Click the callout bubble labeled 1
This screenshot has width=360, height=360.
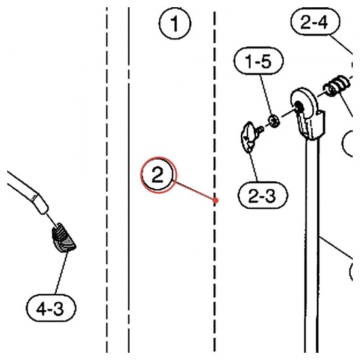point(175,24)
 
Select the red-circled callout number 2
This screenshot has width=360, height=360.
point(158,175)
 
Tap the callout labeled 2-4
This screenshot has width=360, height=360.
point(315,22)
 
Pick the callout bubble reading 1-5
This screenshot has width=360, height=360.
point(259,61)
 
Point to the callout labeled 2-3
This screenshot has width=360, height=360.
point(262,196)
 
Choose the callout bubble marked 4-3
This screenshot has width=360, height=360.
point(51,308)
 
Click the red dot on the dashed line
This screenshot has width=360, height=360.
point(215,201)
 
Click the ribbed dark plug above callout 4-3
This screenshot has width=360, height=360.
point(63,238)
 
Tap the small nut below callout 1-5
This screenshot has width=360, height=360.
point(274,120)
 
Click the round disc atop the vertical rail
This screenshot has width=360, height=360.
point(303,103)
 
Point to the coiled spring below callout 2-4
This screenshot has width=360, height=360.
point(337,86)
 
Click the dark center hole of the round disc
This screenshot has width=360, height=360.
point(298,106)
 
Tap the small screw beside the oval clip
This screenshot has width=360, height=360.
point(260,130)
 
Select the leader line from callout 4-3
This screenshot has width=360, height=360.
point(62,273)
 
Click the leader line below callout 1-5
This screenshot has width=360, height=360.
point(266,95)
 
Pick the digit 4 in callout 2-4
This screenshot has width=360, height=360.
point(322,22)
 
